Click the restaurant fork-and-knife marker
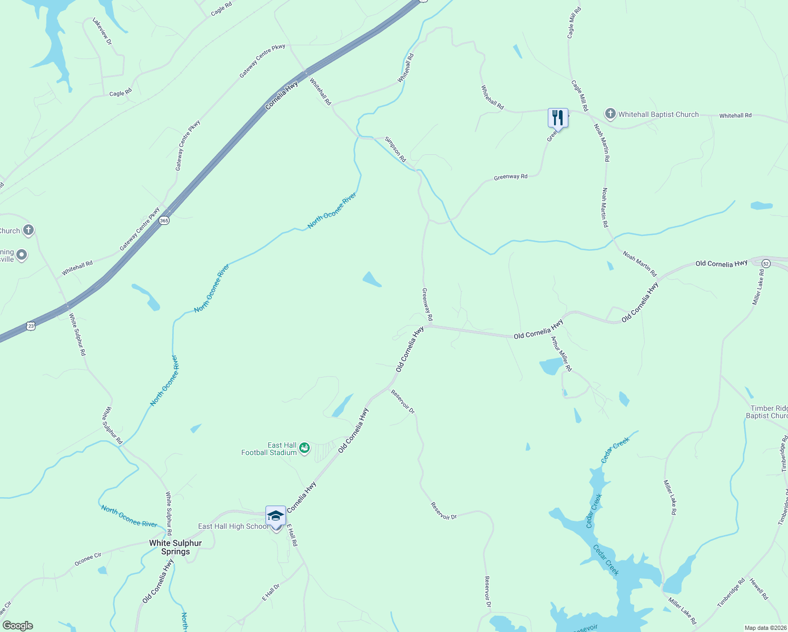point(558,118)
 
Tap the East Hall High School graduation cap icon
point(275,516)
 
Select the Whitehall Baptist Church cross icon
point(610,114)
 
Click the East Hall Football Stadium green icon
point(304,448)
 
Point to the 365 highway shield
point(164,221)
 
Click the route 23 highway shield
point(31,326)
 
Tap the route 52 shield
point(766,263)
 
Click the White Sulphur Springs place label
point(175,547)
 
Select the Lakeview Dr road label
point(103,31)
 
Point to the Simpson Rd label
point(395,149)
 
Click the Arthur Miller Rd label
point(561,353)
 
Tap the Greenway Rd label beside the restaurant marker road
point(510,177)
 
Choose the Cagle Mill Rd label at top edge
point(574,23)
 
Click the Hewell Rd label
point(759,589)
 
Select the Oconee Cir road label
point(88,559)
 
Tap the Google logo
point(18,625)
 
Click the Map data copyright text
point(765,628)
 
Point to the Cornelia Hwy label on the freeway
point(281,95)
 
